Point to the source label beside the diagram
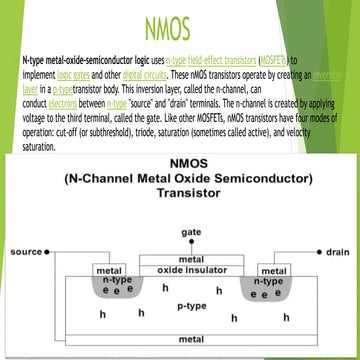pyautogui.click(x=25, y=225)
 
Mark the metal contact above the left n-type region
pyautogui.click(x=108, y=270)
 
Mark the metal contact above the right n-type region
pyautogui.click(x=272, y=270)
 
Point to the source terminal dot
pyautogui.click(x=51, y=225)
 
